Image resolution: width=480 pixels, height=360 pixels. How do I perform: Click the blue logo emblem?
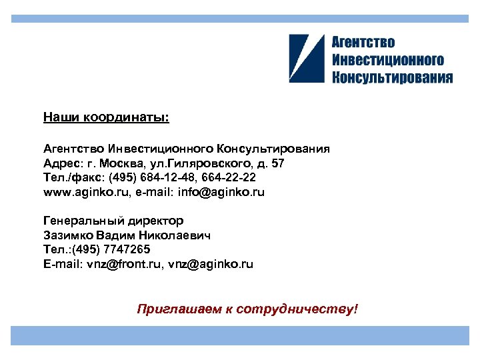tap(307, 59)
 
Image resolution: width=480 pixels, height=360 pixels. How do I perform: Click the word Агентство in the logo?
tap(363, 43)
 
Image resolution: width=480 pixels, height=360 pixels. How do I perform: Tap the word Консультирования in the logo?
tap(392, 77)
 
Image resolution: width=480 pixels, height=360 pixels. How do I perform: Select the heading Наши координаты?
tap(106, 118)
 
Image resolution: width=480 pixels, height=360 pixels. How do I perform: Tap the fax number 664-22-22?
tap(229, 178)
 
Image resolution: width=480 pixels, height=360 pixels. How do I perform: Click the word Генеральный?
tap(82, 221)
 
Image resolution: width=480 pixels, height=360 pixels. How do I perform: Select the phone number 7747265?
tap(128, 250)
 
